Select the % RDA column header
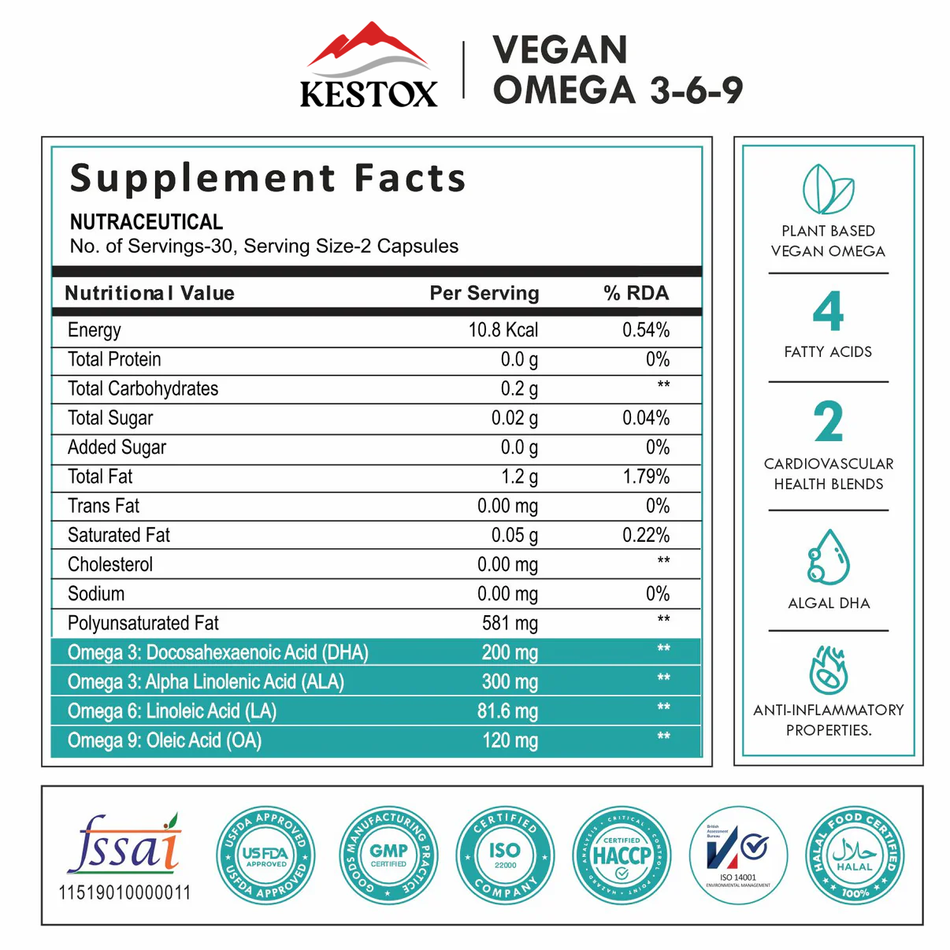pos(636,293)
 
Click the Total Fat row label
pos(100,477)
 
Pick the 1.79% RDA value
pos(646,477)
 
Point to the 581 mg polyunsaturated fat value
pos(510,623)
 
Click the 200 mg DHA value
pos(510,652)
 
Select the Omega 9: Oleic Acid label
pos(164,740)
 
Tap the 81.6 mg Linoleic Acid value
pos(507,711)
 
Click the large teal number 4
pos(828,311)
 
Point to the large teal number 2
pos(828,422)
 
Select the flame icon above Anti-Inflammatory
pos(828,670)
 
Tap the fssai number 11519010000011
pos(124,892)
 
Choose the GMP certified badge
pos(388,855)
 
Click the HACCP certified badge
pos(622,855)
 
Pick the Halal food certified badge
pos(855,855)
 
